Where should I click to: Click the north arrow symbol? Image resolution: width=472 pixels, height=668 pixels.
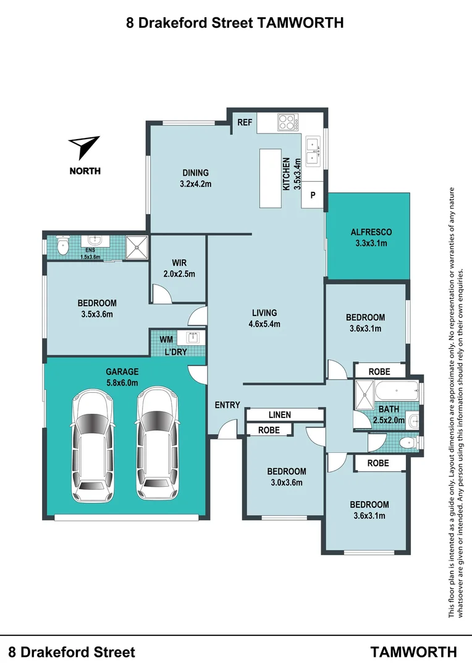coord(84,146)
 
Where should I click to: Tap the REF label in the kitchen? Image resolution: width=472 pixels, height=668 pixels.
coord(245,122)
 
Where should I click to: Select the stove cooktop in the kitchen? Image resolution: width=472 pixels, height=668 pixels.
coord(288,122)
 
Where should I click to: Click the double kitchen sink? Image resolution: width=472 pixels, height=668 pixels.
coord(313,151)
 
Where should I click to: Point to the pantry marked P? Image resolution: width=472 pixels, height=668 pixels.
coord(313,195)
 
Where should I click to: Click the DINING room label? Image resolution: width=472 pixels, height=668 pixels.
coord(195,173)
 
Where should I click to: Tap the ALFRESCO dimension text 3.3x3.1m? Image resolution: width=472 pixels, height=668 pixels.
coord(371,243)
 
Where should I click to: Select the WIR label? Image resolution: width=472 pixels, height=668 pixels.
coord(179,262)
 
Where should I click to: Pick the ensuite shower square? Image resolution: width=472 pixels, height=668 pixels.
coord(137,247)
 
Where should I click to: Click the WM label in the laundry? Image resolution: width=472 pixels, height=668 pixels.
coord(166,339)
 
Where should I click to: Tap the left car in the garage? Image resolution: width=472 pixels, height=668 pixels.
coord(93,445)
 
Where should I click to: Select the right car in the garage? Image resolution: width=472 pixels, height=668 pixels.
coord(157,443)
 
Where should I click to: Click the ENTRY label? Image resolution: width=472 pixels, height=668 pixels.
coord(227,405)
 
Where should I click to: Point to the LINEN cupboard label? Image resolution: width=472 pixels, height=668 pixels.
coord(280,414)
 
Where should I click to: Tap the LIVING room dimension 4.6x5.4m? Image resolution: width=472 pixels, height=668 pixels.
coord(264,323)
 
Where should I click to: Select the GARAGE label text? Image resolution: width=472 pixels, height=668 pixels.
coord(122,372)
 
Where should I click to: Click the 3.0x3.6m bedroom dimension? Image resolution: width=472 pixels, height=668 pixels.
coord(287,482)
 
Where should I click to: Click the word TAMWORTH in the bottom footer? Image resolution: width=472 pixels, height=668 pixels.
coord(413,652)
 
